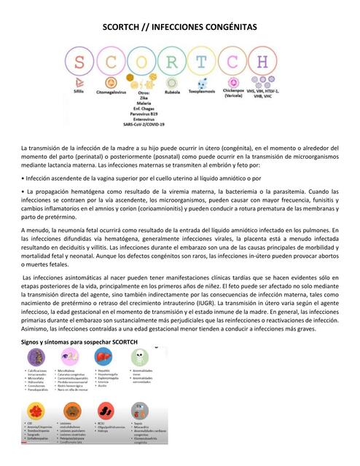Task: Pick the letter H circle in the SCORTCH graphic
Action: pos(270,64)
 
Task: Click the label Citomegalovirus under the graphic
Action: pos(110,94)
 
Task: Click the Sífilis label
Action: pos(79,94)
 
